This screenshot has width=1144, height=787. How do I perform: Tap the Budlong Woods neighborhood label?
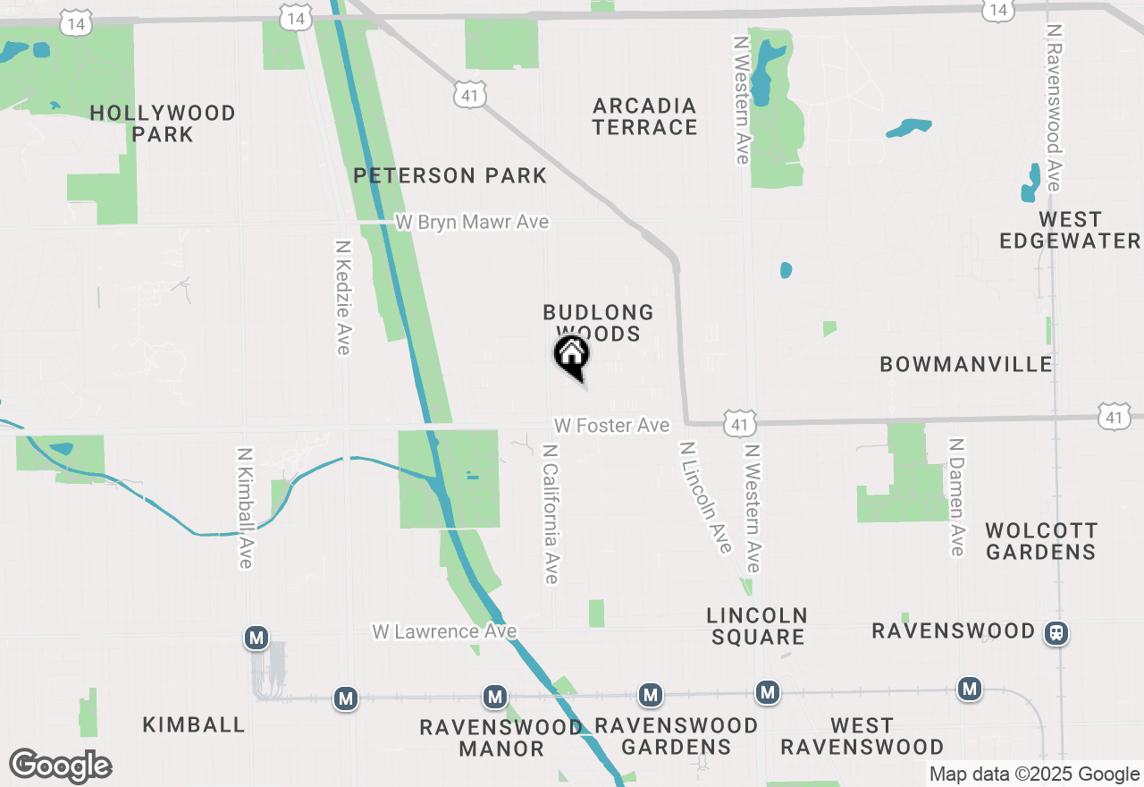tap(598, 323)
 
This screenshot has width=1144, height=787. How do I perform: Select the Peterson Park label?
tap(450, 175)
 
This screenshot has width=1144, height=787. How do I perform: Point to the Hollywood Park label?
tap(163, 123)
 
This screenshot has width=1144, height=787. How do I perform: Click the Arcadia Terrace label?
tap(644, 116)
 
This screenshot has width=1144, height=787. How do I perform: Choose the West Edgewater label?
tap(1070, 230)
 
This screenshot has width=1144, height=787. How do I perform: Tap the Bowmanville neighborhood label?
tap(966, 364)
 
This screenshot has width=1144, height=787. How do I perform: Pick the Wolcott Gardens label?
tap(1040, 541)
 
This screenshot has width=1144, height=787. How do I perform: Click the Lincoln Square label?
tap(757, 626)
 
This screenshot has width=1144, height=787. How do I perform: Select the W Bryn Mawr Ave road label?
tap(472, 222)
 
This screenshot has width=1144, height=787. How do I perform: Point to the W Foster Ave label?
tap(611, 426)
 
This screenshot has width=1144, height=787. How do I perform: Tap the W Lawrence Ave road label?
tap(444, 631)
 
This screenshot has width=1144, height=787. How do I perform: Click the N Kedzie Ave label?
tap(342, 296)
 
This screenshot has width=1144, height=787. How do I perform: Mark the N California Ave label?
tap(551, 513)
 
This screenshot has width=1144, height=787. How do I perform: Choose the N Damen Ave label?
tap(957, 496)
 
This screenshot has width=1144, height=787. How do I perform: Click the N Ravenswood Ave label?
tap(1054, 106)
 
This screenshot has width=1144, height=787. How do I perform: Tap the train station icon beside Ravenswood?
tap(1056, 633)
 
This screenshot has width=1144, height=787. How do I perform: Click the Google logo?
tap(60, 766)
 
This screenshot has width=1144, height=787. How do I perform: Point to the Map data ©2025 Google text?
tap(1034, 774)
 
